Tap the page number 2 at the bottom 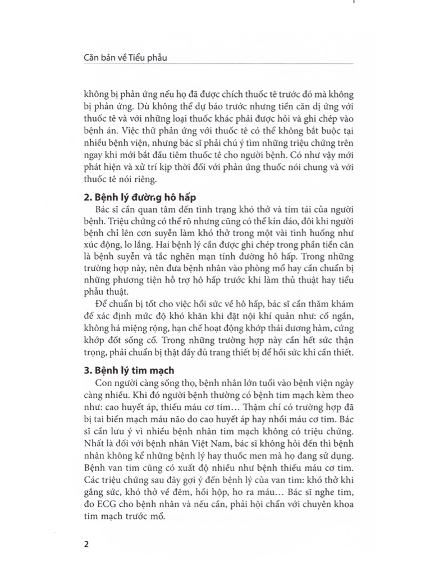86,544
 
